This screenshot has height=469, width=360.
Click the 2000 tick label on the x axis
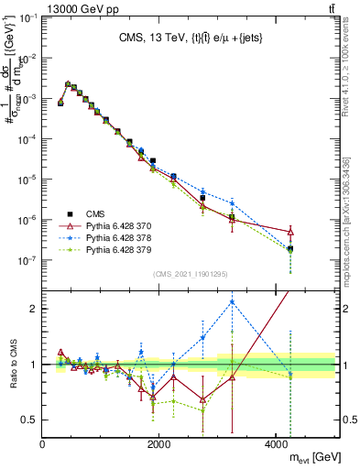coord(159,444)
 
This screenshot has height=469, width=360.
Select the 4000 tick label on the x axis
coord(277,444)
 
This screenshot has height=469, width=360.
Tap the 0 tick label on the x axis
coord(43,444)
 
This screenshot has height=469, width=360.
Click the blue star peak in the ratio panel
coord(233,301)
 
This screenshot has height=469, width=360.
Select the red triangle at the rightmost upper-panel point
coord(290,233)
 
